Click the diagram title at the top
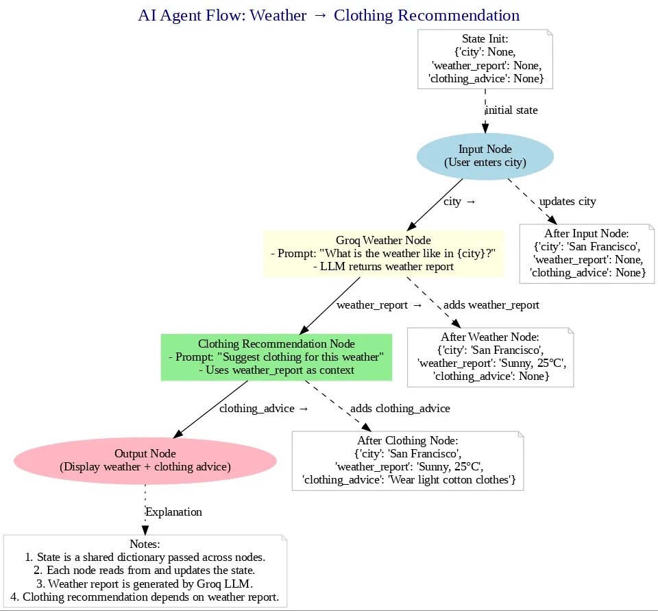[x=328, y=15]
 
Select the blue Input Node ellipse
[x=485, y=156]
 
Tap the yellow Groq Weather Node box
[x=383, y=253]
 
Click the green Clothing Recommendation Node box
[x=276, y=357]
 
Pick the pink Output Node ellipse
[x=145, y=460]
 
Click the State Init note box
[x=485, y=59]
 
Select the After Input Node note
[x=587, y=253]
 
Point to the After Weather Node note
[x=490, y=357]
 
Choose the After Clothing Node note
[x=407, y=460]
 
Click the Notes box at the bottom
[x=145, y=571]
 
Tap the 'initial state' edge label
[x=511, y=110]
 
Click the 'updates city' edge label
[x=568, y=201]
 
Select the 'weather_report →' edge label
[x=379, y=304]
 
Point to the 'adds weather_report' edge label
[x=491, y=304]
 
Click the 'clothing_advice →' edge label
[x=263, y=408]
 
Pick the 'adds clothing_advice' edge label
[x=400, y=408]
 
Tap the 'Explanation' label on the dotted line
[x=173, y=512]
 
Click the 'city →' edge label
[x=459, y=201]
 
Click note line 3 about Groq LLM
[x=145, y=584]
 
